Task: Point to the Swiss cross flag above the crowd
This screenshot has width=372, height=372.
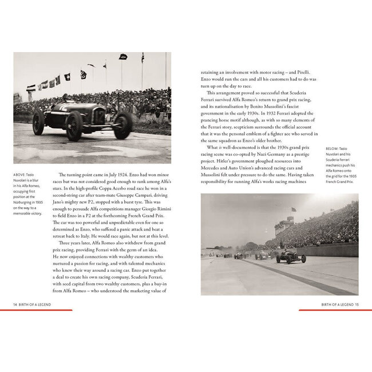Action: (x=67, y=77)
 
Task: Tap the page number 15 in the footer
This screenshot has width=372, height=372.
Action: (x=356, y=304)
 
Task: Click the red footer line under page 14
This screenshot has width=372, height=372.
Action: (x=43, y=310)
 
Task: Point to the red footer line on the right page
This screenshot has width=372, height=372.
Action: (x=329, y=310)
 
